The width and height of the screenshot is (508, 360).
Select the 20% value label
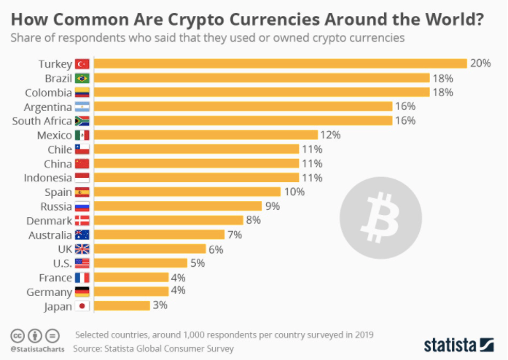(480, 63)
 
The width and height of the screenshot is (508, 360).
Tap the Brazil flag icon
(82, 78)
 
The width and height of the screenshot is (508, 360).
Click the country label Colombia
(48, 93)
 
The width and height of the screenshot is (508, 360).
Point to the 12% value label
(332, 135)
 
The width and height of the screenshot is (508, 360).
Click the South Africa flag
(82, 121)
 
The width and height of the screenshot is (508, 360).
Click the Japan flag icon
(82, 306)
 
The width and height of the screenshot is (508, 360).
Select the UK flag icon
(82, 249)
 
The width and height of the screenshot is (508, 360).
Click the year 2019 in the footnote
(362, 334)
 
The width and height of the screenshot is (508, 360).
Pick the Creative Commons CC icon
(17, 334)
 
